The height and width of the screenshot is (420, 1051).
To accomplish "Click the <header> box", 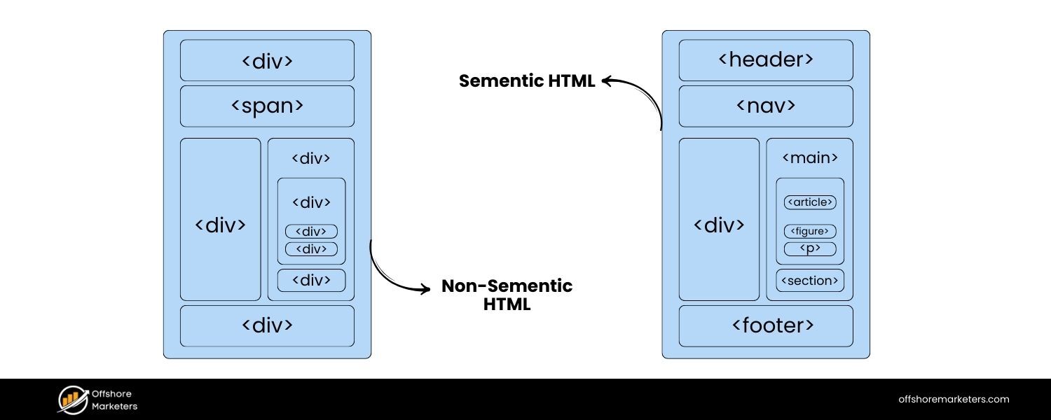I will point(766,60).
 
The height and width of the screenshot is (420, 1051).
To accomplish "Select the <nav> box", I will point(766,106).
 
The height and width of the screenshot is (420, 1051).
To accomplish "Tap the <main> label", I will point(810,158).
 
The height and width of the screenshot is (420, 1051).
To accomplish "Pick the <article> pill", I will point(810,202).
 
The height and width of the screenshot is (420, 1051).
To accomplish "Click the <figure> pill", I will point(810,231).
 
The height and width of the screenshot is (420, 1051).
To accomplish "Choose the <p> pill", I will point(810,248).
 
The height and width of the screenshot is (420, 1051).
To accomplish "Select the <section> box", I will point(810,281).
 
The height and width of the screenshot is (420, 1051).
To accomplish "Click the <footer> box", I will point(766,325).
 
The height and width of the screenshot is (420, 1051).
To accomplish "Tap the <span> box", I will point(267,106).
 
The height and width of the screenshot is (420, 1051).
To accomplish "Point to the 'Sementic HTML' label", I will point(527,81).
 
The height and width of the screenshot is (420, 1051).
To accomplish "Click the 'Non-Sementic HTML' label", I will point(507,295).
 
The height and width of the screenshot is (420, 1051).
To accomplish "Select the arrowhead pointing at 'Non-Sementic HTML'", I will point(425,288).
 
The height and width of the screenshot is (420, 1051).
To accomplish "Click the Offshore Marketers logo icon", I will point(71,399).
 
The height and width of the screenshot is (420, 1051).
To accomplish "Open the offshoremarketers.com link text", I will point(954,399).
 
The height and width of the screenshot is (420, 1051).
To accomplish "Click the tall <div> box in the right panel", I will point(719,224).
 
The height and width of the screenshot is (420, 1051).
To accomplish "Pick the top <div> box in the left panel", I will point(267,60).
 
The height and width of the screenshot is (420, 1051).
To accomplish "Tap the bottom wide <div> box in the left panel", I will point(267,325).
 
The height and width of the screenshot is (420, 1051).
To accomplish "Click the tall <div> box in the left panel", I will point(220,224).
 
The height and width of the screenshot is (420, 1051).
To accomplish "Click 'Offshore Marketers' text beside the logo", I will point(114,400).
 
